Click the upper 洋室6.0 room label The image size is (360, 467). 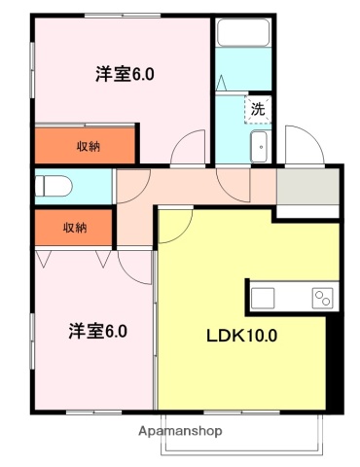pyautogui.click(x=126, y=73)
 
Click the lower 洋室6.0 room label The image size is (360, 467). pyautogui.click(x=98, y=330)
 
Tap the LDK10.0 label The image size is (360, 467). pyautogui.click(x=241, y=337)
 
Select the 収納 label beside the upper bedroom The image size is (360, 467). pyautogui.click(x=89, y=146)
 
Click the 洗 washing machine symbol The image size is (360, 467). pyautogui.click(x=258, y=109)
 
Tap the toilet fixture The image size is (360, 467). pyautogui.click(x=54, y=185)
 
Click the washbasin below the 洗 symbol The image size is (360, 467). pyautogui.click(x=260, y=148)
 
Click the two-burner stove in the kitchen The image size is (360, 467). pyautogui.click(x=322, y=298)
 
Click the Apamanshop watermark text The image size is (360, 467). pyautogui.click(x=180, y=430)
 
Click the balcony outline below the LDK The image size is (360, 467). pyautogui.click(x=243, y=438)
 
